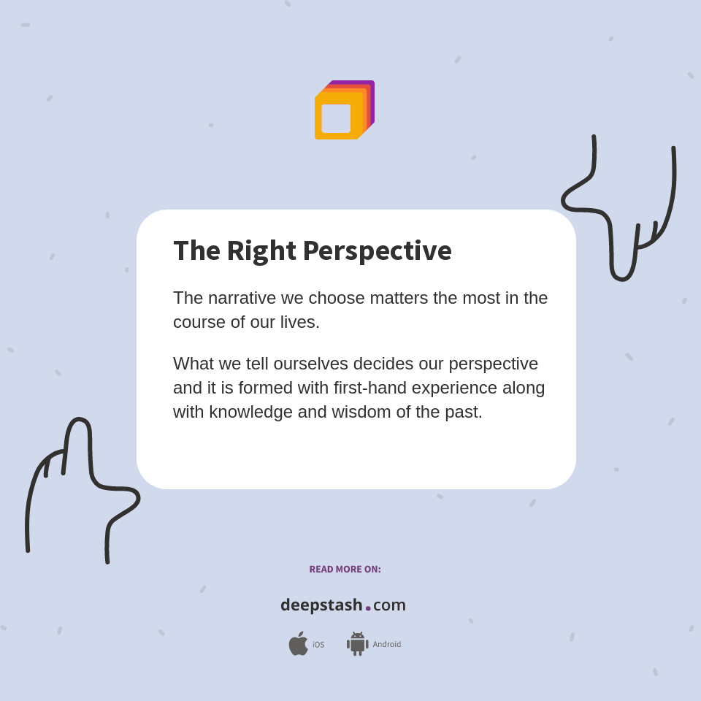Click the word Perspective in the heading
[x=377, y=251]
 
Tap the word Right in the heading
[x=261, y=251]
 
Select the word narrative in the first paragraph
[x=242, y=298]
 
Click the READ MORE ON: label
[x=345, y=570]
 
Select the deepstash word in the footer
[x=321, y=605]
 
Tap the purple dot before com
[x=368, y=608]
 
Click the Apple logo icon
[x=298, y=644]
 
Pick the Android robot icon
[x=357, y=644]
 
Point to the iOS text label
[x=318, y=645]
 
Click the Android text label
[x=386, y=645]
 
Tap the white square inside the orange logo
[x=336, y=118]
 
